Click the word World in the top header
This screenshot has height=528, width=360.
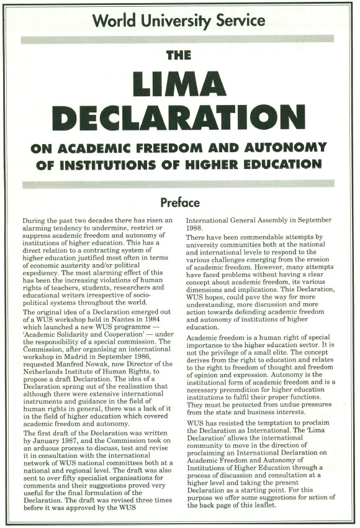(115, 20)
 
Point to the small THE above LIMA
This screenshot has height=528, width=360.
(179, 55)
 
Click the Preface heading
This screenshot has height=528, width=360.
(179, 203)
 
